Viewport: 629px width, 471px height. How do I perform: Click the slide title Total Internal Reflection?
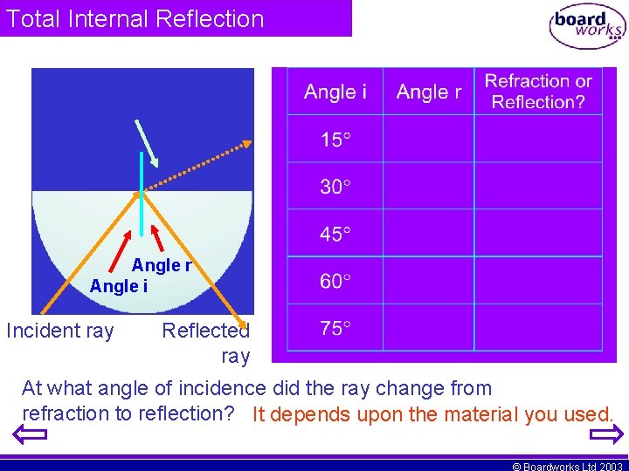tap(135, 18)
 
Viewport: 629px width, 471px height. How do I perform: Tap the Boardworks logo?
tap(587, 26)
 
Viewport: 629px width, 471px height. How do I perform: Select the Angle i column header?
tap(335, 92)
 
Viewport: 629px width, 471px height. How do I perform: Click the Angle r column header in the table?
tap(428, 92)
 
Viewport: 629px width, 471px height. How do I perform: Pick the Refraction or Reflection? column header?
tap(538, 92)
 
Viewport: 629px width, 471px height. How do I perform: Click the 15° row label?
tap(335, 140)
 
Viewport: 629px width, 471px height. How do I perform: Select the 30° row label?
tap(335, 187)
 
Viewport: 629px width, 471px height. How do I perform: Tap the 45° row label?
tap(335, 234)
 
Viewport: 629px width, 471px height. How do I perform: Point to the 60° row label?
tap(335, 281)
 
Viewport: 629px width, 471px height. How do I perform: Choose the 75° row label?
tap(335, 328)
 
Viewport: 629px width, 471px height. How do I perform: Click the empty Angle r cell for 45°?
tap(428, 233)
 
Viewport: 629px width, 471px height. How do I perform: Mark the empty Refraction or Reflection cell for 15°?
tap(538, 139)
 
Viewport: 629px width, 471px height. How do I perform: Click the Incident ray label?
tap(60, 331)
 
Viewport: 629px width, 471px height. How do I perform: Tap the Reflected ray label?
tap(207, 343)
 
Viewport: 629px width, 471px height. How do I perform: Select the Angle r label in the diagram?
tap(161, 265)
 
